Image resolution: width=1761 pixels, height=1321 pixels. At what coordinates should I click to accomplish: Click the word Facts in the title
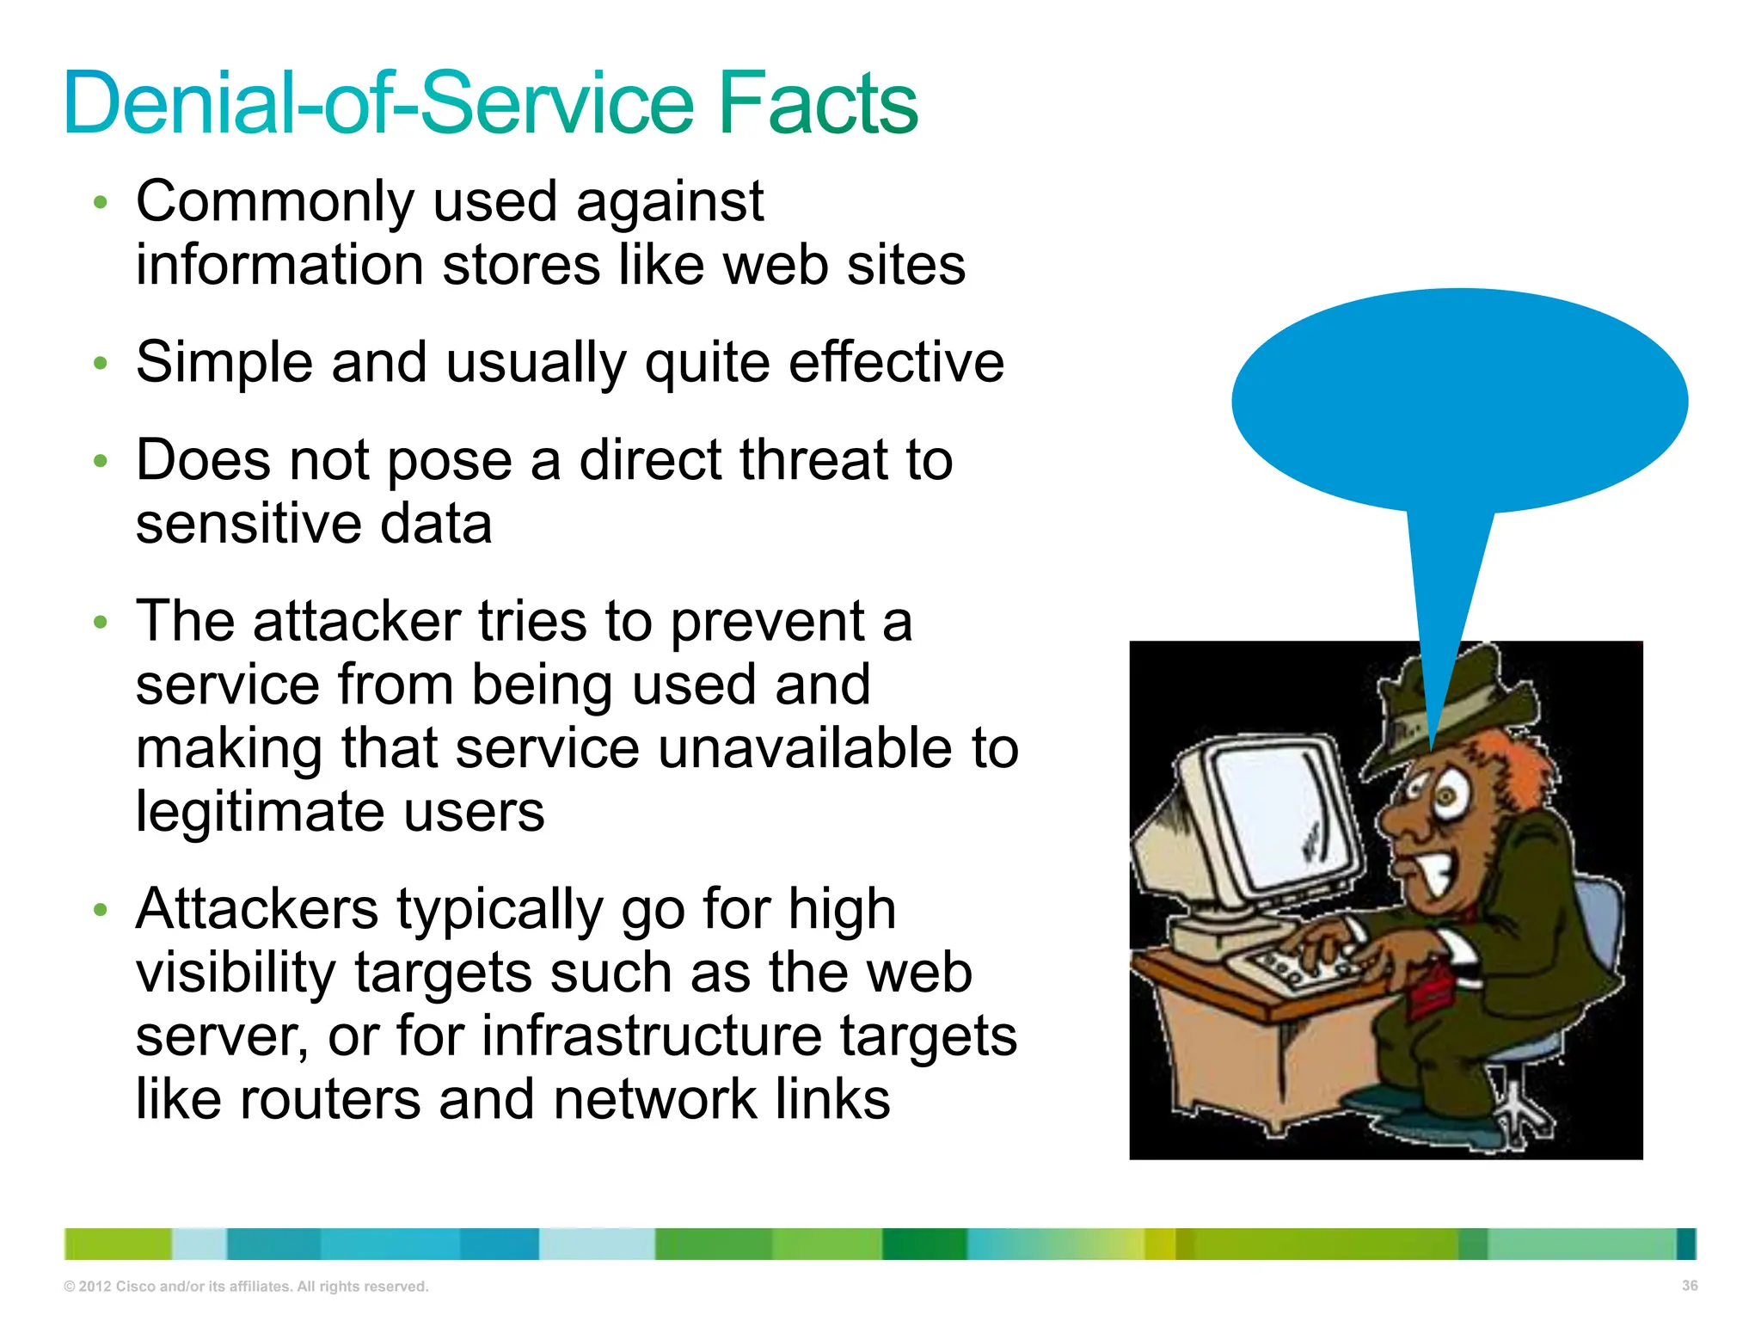817,104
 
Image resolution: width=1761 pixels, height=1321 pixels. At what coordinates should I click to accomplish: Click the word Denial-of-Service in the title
378,104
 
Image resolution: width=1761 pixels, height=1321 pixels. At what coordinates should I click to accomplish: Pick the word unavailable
805,748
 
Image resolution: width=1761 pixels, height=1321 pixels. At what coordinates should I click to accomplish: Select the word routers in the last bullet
329,1100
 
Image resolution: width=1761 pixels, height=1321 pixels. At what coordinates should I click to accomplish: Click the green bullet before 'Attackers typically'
101,910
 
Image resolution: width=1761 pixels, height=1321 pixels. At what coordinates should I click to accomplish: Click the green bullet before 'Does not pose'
101,461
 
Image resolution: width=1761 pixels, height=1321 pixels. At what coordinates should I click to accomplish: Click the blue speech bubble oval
1459,400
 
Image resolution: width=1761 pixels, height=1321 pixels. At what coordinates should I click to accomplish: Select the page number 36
1689,1286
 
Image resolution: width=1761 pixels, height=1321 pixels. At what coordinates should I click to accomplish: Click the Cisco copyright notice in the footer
246,1287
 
